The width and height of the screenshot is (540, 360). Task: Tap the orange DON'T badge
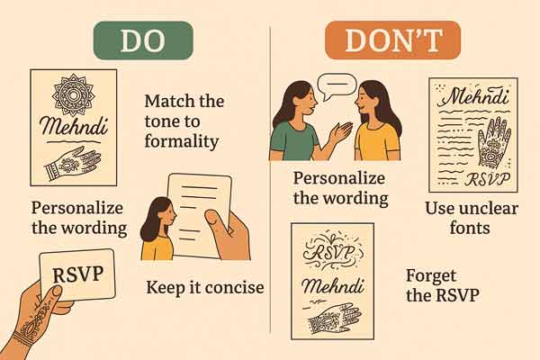pyautogui.click(x=392, y=40)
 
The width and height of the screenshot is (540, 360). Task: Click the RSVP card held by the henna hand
pyautogui.click(x=76, y=274)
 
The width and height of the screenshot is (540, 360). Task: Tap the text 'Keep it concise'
pyautogui.click(x=205, y=288)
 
